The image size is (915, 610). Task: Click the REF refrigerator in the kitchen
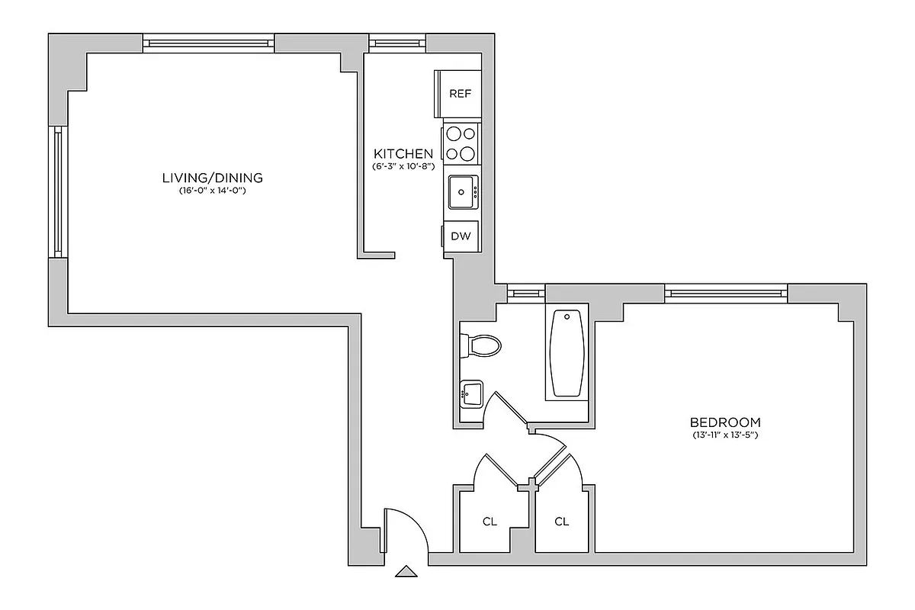[x=460, y=94]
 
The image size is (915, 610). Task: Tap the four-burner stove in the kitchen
[x=460, y=143]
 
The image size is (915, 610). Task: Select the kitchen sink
[x=462, y=191]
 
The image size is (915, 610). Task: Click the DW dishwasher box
[x=461, y=236]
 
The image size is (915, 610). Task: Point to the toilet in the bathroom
[x=482, y=347]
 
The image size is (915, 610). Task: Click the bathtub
[x=567, y=352]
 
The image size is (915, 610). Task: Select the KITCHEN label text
[x=403, y=153]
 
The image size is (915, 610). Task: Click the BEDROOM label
[x=724, y=422]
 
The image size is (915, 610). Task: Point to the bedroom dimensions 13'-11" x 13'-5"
[x=724, y=435]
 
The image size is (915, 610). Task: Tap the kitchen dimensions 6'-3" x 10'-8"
[x=403, y=166]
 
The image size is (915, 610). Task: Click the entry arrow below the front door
[x=406, y=572]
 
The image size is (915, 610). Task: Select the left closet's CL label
[x=490, y=522]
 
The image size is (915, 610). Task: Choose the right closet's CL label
[x=562, y=522]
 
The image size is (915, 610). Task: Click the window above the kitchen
[x=396, y=42]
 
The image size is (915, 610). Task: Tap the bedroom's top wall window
[x=725, y=291]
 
